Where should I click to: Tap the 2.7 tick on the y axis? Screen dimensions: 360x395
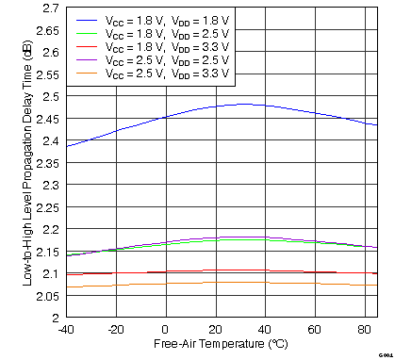coord(46,8)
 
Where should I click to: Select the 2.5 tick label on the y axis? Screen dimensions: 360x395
coord(46,96)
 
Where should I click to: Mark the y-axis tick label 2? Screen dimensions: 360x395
coord(54,318)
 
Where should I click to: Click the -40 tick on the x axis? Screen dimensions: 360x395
coord(65,330)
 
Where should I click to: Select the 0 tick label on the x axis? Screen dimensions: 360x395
coord(166,330)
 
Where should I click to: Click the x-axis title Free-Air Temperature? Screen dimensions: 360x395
coord(221,346)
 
